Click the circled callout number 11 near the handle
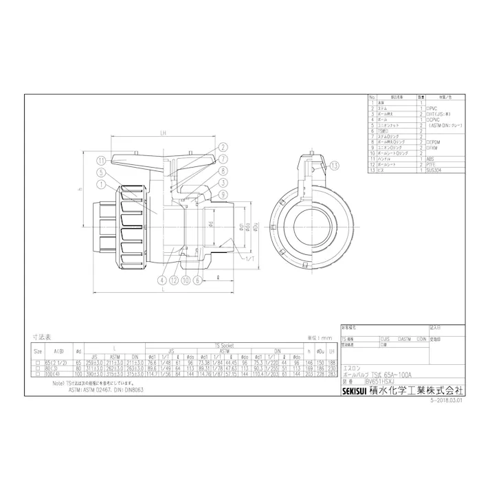[x=100, y=160]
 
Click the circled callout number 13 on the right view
[x=335, y=166]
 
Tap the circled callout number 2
[x=223, y=146]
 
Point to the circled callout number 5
[x=100, y=172]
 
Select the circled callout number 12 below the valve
[x=175, y=280]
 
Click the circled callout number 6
[x=197, y=280]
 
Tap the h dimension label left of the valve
[x=80, y=190]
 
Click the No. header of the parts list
[x=372, y=98]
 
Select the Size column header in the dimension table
[x=38, y=350]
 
